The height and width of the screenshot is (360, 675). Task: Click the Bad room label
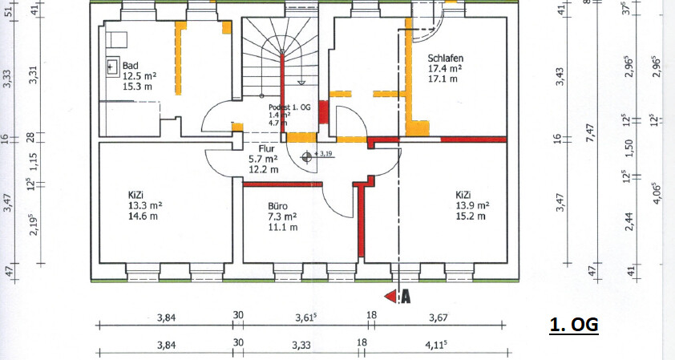tap(131, 66)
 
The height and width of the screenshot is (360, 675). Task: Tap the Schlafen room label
tap(446, 58)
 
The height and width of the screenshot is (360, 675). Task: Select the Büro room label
tap(277, 206)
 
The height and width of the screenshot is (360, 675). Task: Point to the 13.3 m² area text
tap(145, 205)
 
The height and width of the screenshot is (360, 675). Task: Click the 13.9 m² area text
tap(473, 205)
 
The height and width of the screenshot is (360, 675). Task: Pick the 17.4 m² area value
tap(445, 68)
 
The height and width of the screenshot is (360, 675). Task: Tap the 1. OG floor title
tap(574, 324)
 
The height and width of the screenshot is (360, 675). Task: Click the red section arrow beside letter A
tap(391, 297)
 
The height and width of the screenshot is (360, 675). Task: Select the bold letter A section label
tap(406, 297)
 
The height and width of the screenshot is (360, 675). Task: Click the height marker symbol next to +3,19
tap(306, 157)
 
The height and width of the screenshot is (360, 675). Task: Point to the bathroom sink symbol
tap(113, 67)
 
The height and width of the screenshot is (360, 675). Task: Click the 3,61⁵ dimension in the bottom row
tap(306, 318)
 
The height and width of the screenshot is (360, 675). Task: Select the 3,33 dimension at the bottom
tap(301, 345)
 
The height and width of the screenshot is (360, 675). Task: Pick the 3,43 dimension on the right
tap(560, 77)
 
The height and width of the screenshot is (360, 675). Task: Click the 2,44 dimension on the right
tap(629, 221)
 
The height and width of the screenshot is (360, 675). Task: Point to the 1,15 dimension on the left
tap(34, 162)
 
